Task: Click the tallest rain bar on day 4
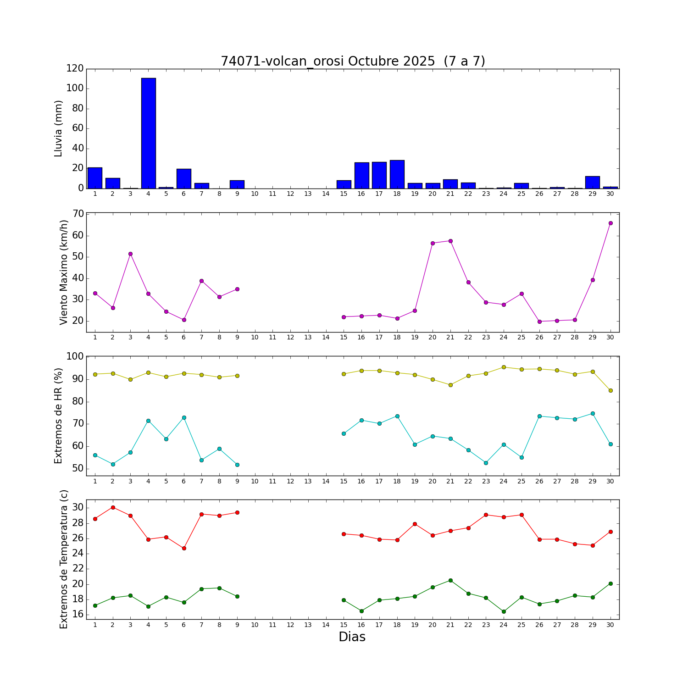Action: point(148,133)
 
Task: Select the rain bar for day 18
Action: point(397,174)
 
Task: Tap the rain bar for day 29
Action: point(593,183)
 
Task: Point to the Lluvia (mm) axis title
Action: point(58,128)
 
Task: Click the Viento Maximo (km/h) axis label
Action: point(64,272)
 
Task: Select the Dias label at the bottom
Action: point(352,637)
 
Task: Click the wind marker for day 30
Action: point(610,223)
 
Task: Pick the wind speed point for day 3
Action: point(130,254)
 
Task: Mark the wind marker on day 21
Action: point(450,241)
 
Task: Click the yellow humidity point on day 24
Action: point(504,367)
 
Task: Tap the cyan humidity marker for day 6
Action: point(184,417)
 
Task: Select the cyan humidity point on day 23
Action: point(486,463)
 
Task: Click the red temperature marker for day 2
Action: point(113,507)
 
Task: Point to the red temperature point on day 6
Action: point(184,548)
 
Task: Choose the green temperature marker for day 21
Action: point(450,580)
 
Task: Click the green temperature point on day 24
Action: point(504,611)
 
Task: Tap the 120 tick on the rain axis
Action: point(75,68)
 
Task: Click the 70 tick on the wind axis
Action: point(78,214)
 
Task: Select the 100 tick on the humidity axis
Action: point(75,356)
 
